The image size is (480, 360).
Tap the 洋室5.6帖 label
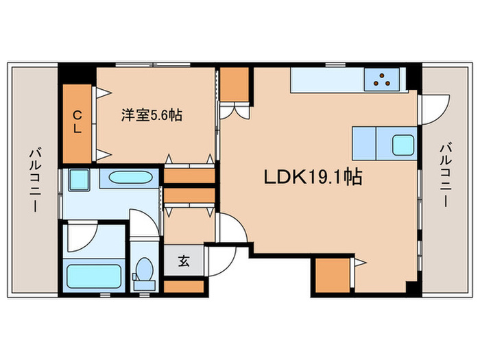point(152,115)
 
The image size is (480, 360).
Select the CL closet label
point(77,121)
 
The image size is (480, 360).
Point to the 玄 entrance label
point(184,261)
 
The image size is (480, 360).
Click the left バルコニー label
point(32,180)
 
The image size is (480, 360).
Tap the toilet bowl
point(144,269)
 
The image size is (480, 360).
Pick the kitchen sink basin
point(402,145)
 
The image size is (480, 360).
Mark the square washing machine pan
point(77,179)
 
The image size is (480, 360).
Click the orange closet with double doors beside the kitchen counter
point(235,84)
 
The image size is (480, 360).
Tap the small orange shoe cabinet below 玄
point(184,287)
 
